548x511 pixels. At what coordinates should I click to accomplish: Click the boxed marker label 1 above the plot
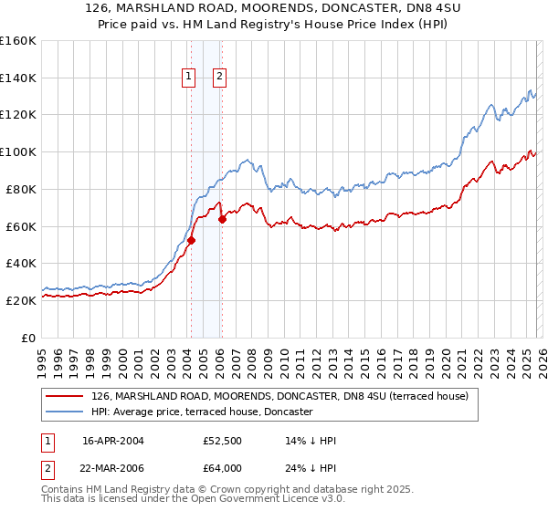(189, 78)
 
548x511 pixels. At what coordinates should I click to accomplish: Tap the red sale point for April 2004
(191, 240)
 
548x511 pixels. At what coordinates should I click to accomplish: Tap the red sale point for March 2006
(222, 219)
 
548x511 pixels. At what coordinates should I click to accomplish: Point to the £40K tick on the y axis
(21, 263)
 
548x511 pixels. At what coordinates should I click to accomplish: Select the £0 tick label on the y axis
(28, 338)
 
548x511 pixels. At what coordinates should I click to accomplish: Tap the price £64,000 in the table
(222, 468)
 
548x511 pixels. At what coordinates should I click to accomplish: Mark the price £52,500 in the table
(222, 441)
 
